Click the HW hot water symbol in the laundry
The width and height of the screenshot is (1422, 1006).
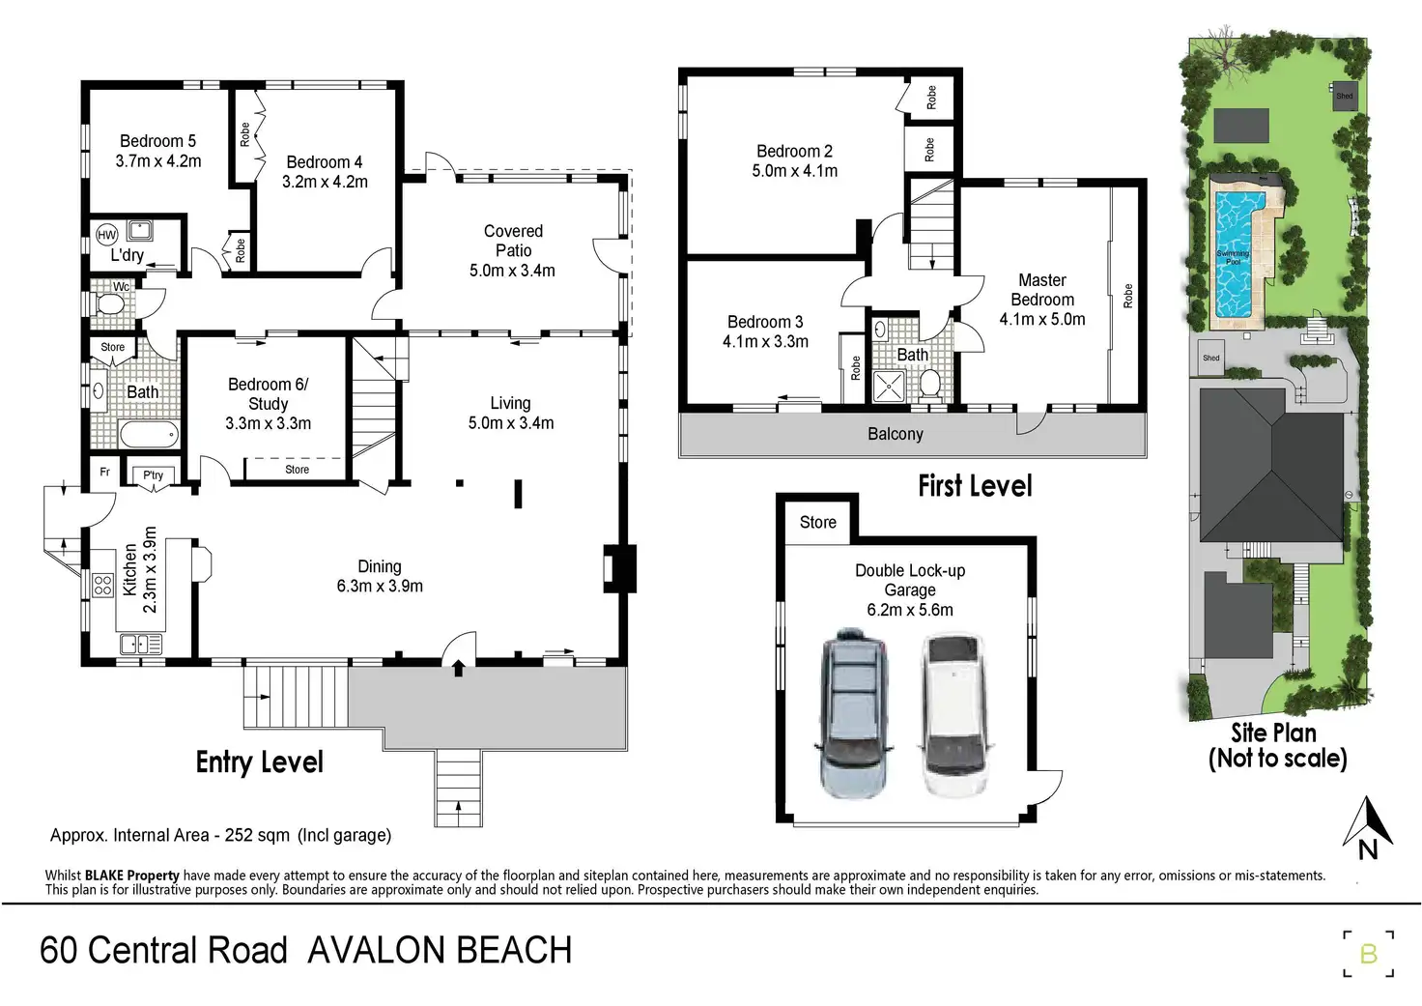106,235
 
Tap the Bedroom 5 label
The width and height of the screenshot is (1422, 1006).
158,141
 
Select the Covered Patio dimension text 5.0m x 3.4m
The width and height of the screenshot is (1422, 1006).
512,271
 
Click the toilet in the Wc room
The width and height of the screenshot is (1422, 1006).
110,305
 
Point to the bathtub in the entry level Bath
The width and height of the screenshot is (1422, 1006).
150,435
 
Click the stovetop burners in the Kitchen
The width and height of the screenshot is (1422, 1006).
102,586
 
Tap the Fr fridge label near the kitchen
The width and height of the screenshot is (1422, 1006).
104,472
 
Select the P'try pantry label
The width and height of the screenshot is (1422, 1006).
153,474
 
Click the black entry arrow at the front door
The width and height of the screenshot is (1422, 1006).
458,668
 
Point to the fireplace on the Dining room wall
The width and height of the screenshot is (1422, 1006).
619,568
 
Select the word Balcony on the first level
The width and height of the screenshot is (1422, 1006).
896,435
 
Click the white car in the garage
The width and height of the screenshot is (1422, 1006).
954,714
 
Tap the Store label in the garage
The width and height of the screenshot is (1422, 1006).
817,522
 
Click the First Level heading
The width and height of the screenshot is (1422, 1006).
975,486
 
